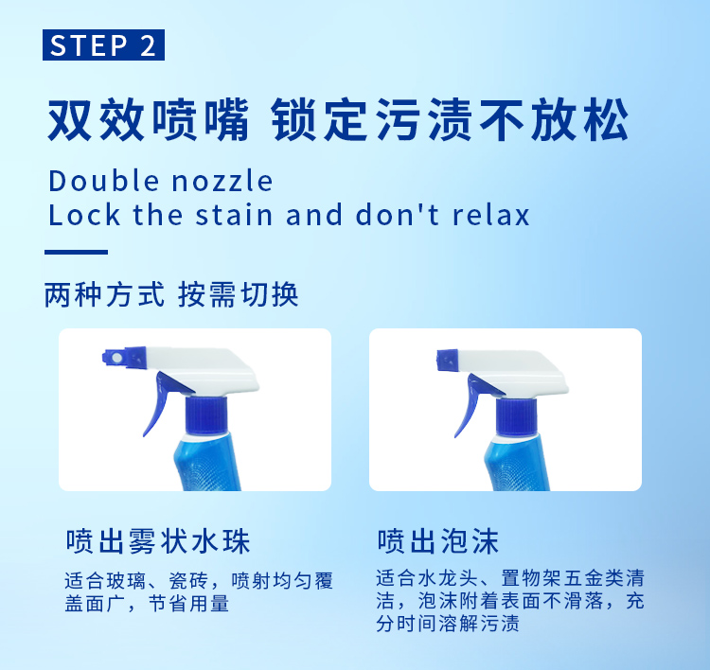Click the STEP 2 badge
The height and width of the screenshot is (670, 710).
(103, 44)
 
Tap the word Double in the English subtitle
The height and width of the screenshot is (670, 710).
(104, 181)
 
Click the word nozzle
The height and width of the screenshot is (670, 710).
(222, 182)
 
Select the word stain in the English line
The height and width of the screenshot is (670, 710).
(234, 215)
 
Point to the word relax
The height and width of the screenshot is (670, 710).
(490, 215)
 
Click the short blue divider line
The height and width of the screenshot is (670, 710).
(76, 252)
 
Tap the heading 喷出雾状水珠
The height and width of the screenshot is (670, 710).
(158, 541)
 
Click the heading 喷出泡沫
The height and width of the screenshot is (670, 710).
(438, 541)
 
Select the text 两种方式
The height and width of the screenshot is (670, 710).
(104, 294)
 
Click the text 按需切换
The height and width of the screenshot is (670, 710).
(238, 294)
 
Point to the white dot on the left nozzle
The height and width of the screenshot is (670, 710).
(116, 358)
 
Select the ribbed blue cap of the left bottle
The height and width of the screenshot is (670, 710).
(206, 415)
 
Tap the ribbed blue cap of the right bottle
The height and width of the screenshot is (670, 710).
(517, 416)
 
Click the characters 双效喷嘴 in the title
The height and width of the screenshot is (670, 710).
(149, 119)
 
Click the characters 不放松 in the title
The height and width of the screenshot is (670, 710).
(554, 119)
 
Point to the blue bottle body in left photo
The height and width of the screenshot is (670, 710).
(207, 463)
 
